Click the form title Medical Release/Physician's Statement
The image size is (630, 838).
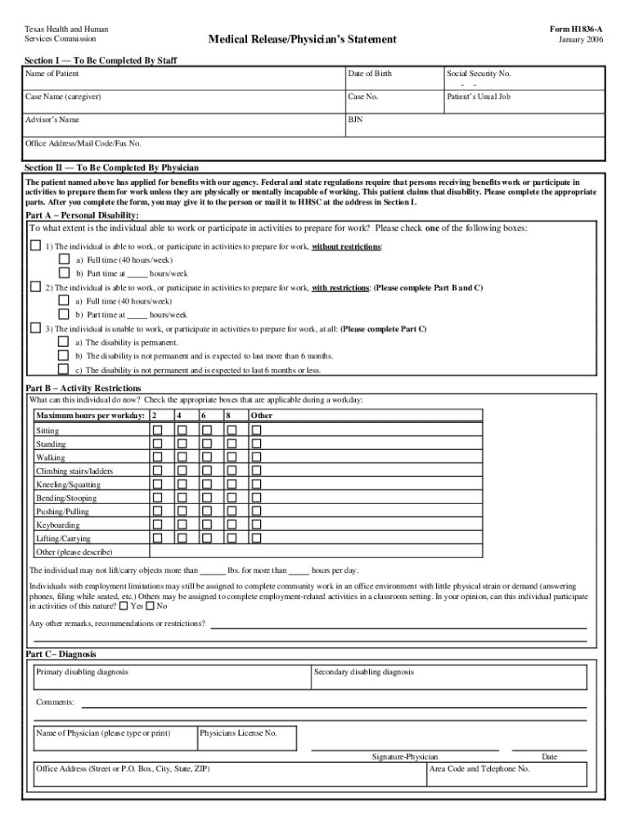(x=302, y=39)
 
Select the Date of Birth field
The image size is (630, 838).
(x=394, y=79)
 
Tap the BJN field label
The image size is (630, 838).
(x=355, y=119)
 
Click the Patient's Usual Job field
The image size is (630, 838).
(x=524, y=101)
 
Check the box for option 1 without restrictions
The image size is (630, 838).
(x=35, y=246)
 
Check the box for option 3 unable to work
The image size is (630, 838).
(x=35, y=328)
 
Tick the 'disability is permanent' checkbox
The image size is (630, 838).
(x=63, y=342)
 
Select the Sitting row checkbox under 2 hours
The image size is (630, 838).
(x=158, y=430)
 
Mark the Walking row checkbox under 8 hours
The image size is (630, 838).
(x=232, y=457)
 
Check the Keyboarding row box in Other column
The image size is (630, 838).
(x=256, y=525)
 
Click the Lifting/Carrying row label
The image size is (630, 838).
(x=63, y=538)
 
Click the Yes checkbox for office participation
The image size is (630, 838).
(x=124, y=606)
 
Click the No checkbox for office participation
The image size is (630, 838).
(x=150, y=606)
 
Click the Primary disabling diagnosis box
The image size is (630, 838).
(x=172, y=678)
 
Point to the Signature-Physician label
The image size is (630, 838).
(x=405, y=757)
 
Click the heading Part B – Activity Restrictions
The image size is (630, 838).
(x=83, y=388)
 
